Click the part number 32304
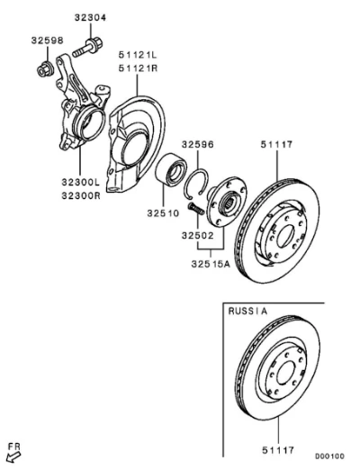(x=90, y=18)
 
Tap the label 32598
(x=47, y=41)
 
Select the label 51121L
(x=138, y=55)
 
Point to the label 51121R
(x=138, y=68)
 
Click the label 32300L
(x=81, y=182)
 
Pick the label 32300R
(x=81, y=195)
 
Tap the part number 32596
(x=198, y=144)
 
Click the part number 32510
(x=163, y=213)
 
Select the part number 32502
(x=198, y=236)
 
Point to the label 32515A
(x=211, y=264)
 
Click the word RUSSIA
(x=247, y=312)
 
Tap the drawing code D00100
(x=329, y=456)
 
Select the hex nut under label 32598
(x=45, y=68)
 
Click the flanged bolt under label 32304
(x=87, y=48)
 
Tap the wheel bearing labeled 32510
(x=171, y=169)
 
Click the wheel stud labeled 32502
(x=196, y=209)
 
